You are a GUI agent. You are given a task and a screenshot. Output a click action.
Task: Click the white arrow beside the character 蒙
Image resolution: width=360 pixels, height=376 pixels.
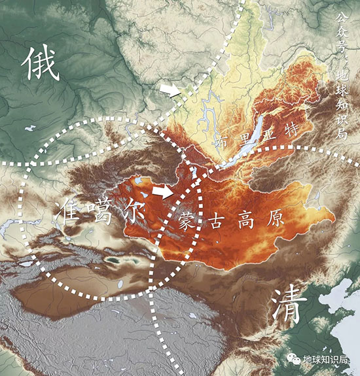[x=163, y=191]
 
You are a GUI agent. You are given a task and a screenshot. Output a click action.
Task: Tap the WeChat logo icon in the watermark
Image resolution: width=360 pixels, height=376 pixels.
[x=292, y=359]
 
